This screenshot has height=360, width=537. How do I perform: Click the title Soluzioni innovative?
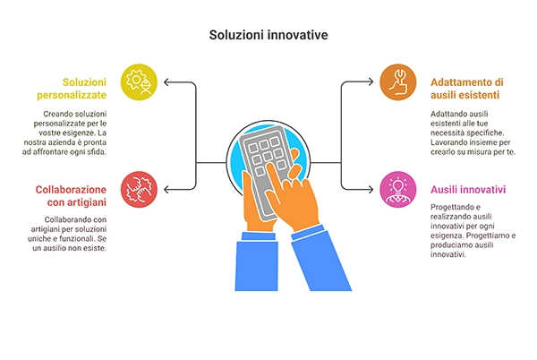click(x=268, y=35)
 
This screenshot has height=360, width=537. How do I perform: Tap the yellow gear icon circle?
click(x=139, y=82)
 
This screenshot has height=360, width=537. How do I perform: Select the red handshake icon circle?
click(x=139, y=190)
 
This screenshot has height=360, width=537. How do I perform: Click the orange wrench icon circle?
click(x=398, y=82)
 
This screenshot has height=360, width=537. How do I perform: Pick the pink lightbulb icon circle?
click(x=398, y=190)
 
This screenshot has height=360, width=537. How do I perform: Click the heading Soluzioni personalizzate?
click(x=72, y=89)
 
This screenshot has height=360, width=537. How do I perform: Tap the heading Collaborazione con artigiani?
click(x=71, y=195)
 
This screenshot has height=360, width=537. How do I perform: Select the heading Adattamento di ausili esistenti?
click(x=467, y=89)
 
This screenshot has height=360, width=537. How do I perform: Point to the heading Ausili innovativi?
click(x=468, y=190)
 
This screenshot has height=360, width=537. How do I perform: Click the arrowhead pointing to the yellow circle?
click(x=166, y=82)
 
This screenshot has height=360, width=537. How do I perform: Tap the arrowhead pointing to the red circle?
click(x=166, y=190)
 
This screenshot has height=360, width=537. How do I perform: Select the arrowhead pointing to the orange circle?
click(x=371, y=81)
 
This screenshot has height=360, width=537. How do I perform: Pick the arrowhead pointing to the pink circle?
click(x=371, y=190)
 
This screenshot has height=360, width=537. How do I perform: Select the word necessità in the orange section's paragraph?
click(x=446, y=133)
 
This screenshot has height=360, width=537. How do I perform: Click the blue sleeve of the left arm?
click(x=257, y=262)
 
